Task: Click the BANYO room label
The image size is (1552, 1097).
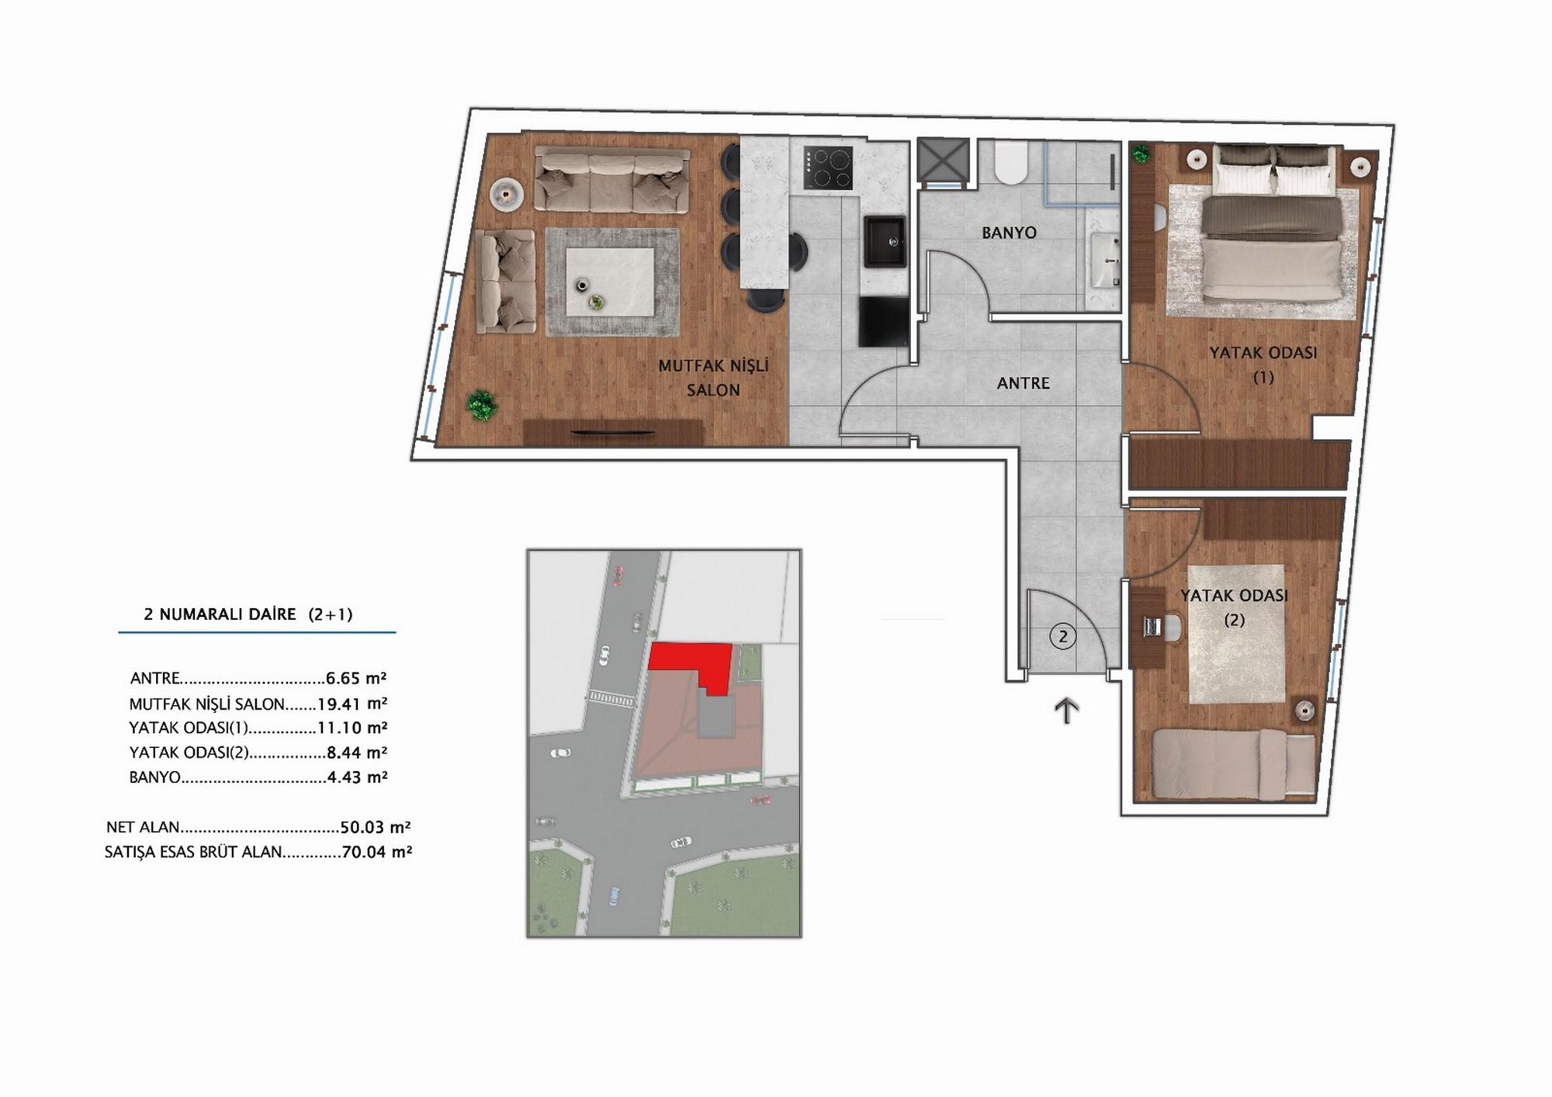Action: click(1009, 233)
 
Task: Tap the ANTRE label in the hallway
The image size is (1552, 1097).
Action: click(1023, 383)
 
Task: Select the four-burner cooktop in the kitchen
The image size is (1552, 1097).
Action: click(828, 168)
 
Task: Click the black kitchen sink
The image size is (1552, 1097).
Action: click(885, 241)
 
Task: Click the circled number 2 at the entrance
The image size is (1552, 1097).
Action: click(1063, 637)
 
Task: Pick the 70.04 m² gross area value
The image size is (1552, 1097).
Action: click(376, 851)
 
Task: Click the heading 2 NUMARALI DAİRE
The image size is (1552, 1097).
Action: click(220, 614)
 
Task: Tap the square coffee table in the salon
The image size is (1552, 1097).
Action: click(610, 282)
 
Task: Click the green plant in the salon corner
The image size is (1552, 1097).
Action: click(482, 405)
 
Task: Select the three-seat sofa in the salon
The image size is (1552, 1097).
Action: click(611, 181)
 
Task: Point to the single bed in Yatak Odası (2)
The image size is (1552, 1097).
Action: click(1233, 763)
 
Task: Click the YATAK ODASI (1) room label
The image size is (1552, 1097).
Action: click(1263, 365)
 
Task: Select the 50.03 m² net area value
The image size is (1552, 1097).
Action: click(376, 827)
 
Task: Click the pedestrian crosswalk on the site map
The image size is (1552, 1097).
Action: click(611, 699)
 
